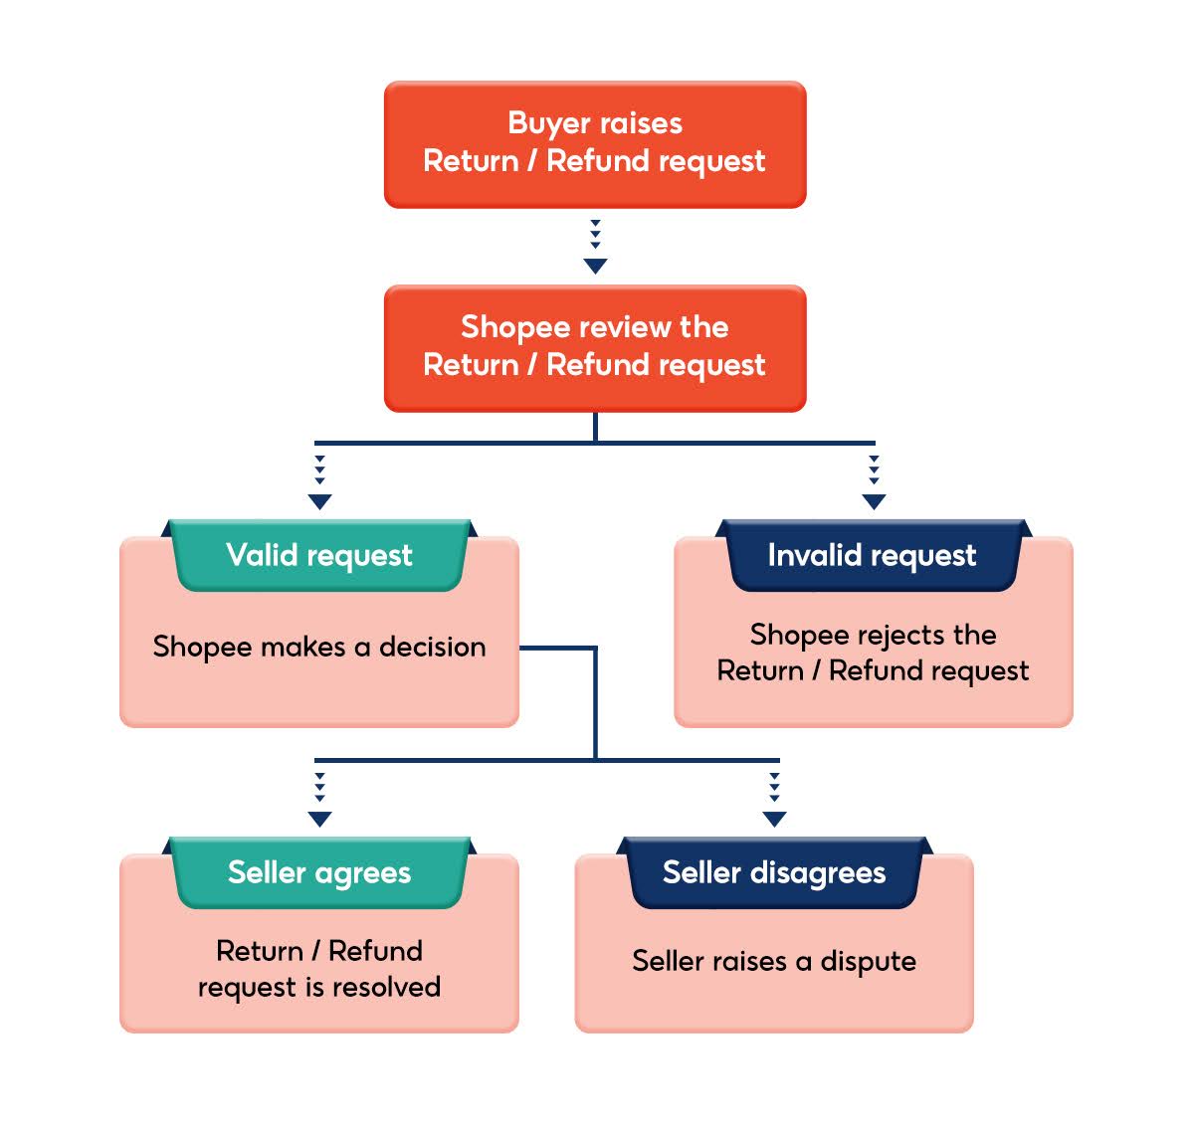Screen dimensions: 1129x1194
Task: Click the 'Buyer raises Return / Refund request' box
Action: (x=594, y=144)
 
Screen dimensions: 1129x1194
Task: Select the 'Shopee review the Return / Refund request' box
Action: (x=594, y=348)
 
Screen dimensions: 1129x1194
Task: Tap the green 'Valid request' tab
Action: (x=319, y=555)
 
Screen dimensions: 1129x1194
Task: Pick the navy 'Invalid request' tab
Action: (x=873, y=555)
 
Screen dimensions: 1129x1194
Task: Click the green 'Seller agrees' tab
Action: (x=319, y=872)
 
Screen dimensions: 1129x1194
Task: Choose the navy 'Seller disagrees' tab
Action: (x=774, y=872)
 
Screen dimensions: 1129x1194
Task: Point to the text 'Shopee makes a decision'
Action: (x=319, y=647)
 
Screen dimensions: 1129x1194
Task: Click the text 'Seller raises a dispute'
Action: (x=774, y=961)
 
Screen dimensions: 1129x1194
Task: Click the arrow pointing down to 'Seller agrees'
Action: (x=319, y=802)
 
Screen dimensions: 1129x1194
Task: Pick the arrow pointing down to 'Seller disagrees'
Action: (x=774, y=802)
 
